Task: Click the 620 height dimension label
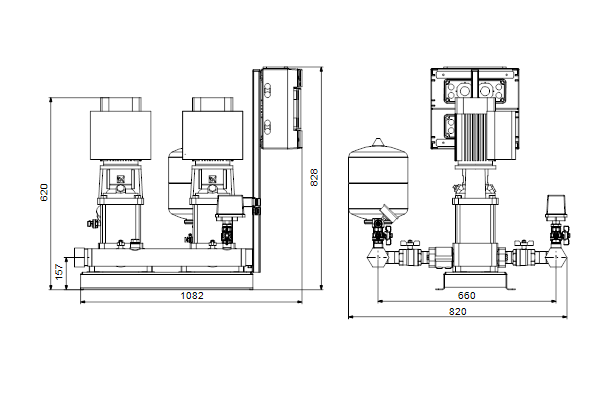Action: (44, 193)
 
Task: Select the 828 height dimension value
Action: (314, 177)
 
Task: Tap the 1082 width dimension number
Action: (192, 296)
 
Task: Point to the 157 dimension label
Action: (59, 271)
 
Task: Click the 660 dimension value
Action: (466, 296)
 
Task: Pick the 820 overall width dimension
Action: (458, 312)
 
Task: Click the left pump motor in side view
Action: (121, 129)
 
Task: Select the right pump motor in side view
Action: (212, 129)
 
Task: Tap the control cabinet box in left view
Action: (282, 108)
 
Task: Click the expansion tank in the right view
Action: (378, 180)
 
